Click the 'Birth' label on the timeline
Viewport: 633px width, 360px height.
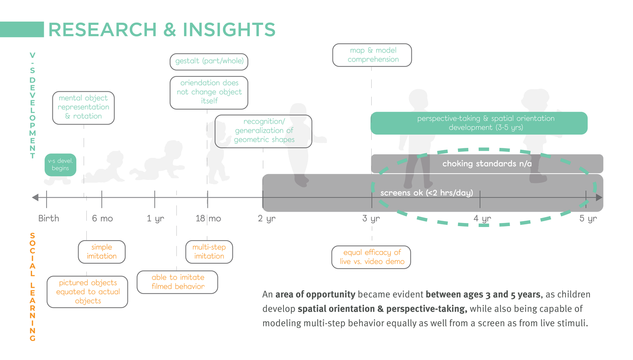(x=48, y=218)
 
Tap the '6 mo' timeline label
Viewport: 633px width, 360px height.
(x=102, y=218)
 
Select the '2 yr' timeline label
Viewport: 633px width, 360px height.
(x=267, y=218)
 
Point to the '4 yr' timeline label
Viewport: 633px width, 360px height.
(x=482, y=218)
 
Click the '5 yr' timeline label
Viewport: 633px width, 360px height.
(x=588, y=218)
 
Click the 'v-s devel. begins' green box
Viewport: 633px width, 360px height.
(x=60, y=165)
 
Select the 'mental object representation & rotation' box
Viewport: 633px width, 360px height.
(x=83, y=107)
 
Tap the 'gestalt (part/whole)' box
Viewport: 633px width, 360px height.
(x=209, y=61)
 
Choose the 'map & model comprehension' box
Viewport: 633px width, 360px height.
(x=373, y=55)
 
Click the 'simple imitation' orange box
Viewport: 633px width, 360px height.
(x=101, y=251)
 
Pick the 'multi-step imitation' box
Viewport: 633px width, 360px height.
(x=209, y=251)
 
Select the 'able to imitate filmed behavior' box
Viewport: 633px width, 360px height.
(x=177, y=282)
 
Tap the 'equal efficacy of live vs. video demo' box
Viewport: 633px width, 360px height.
(x=372, y=257)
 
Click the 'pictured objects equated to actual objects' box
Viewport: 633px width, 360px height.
(x=87, y=292)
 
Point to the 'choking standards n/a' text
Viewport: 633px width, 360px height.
(x=487, y=164)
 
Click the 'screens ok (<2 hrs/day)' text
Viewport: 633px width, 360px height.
(x=426, y=193)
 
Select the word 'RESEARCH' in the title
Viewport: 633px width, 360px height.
(x=102, y=30)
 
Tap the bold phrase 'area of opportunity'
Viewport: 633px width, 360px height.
(x=315, y=294)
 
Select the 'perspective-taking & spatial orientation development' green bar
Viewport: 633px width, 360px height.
(x=479, y=123)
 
